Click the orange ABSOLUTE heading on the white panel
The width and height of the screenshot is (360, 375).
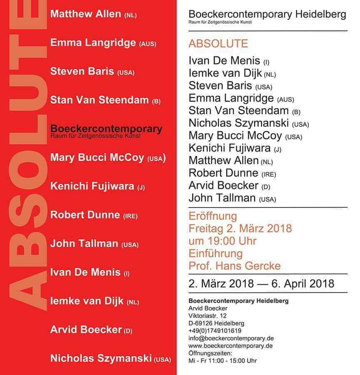[x=218, y=43]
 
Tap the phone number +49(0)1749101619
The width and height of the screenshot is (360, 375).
[x=215, y=331]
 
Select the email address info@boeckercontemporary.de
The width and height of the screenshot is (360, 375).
[x=231, y=338]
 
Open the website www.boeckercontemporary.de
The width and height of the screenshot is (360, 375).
[x=231, y=346]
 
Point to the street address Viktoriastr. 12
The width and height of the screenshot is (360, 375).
[x=207, y=316]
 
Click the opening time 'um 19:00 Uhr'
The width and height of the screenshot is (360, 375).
[x=222, y=241]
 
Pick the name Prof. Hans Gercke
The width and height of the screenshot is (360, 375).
[x=234, y=265]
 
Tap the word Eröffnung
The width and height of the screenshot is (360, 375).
[x=213, y=216]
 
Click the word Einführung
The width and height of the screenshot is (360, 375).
[x=215, y=253]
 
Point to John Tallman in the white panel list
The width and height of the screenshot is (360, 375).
[x=223, y=198]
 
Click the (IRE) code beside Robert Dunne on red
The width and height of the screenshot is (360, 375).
[x=130, y=216]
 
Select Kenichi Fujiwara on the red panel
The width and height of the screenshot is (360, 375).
[x=92, y=186]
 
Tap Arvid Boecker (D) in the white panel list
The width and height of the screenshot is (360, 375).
[x=223, y=185]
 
